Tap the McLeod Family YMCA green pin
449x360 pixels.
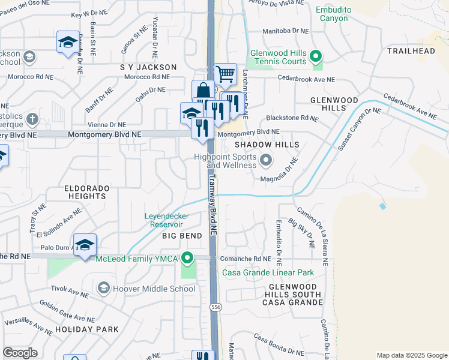(188, 259)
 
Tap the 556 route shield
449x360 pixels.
(214, 307)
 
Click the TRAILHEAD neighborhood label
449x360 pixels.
(411, 51)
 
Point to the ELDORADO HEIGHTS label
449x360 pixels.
(87, 192)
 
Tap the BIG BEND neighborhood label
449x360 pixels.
(182, 236)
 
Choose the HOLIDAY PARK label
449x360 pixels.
(86, 329)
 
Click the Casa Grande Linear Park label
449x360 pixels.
(268, 272)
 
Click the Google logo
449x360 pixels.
(20, 353)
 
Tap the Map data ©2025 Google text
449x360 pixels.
(411, 355)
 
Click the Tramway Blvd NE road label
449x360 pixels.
(213, 198)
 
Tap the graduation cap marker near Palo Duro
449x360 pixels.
(85, 245)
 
